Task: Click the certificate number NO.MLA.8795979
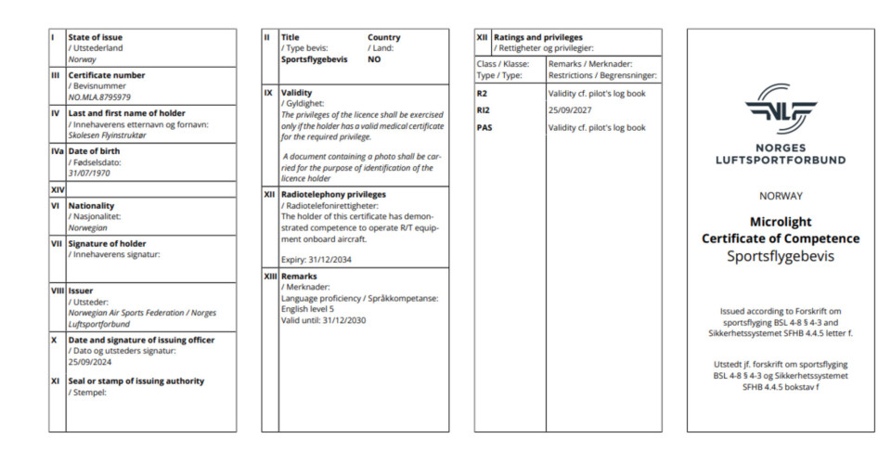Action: click(x=99, y=97)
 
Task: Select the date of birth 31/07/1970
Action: click(x=89, y=174)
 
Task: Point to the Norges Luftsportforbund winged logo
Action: click(x=780, y=109)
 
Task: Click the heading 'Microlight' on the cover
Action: click(x=780, y=222)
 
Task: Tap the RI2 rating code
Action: click(x=483, y=110)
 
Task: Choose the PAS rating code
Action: click(x=484, y=128)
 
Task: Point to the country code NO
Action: click(x=374, y=58)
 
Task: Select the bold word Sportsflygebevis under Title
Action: click(x=314, y=58)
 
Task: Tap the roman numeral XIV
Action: click(x=57, y=189)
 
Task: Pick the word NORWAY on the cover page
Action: click(x=780, y=196)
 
